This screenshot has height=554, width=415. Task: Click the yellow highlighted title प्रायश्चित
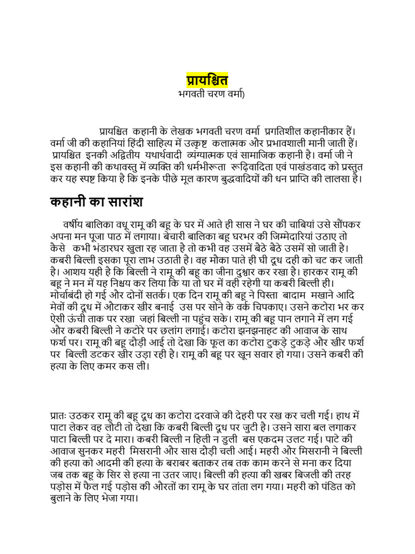point(207,80)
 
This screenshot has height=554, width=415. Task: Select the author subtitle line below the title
point(207,94)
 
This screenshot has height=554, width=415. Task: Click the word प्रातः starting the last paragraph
point(58,415)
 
